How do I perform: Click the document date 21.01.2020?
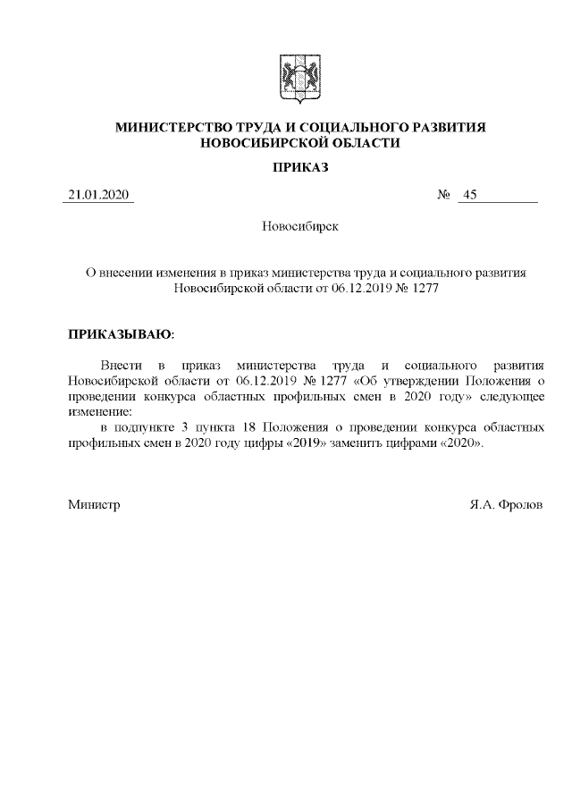[99, 195]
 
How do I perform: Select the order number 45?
[470, 195]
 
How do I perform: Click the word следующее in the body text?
[512, 397]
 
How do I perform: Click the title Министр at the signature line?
[94, 505]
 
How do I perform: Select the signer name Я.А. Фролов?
[505, 505]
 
